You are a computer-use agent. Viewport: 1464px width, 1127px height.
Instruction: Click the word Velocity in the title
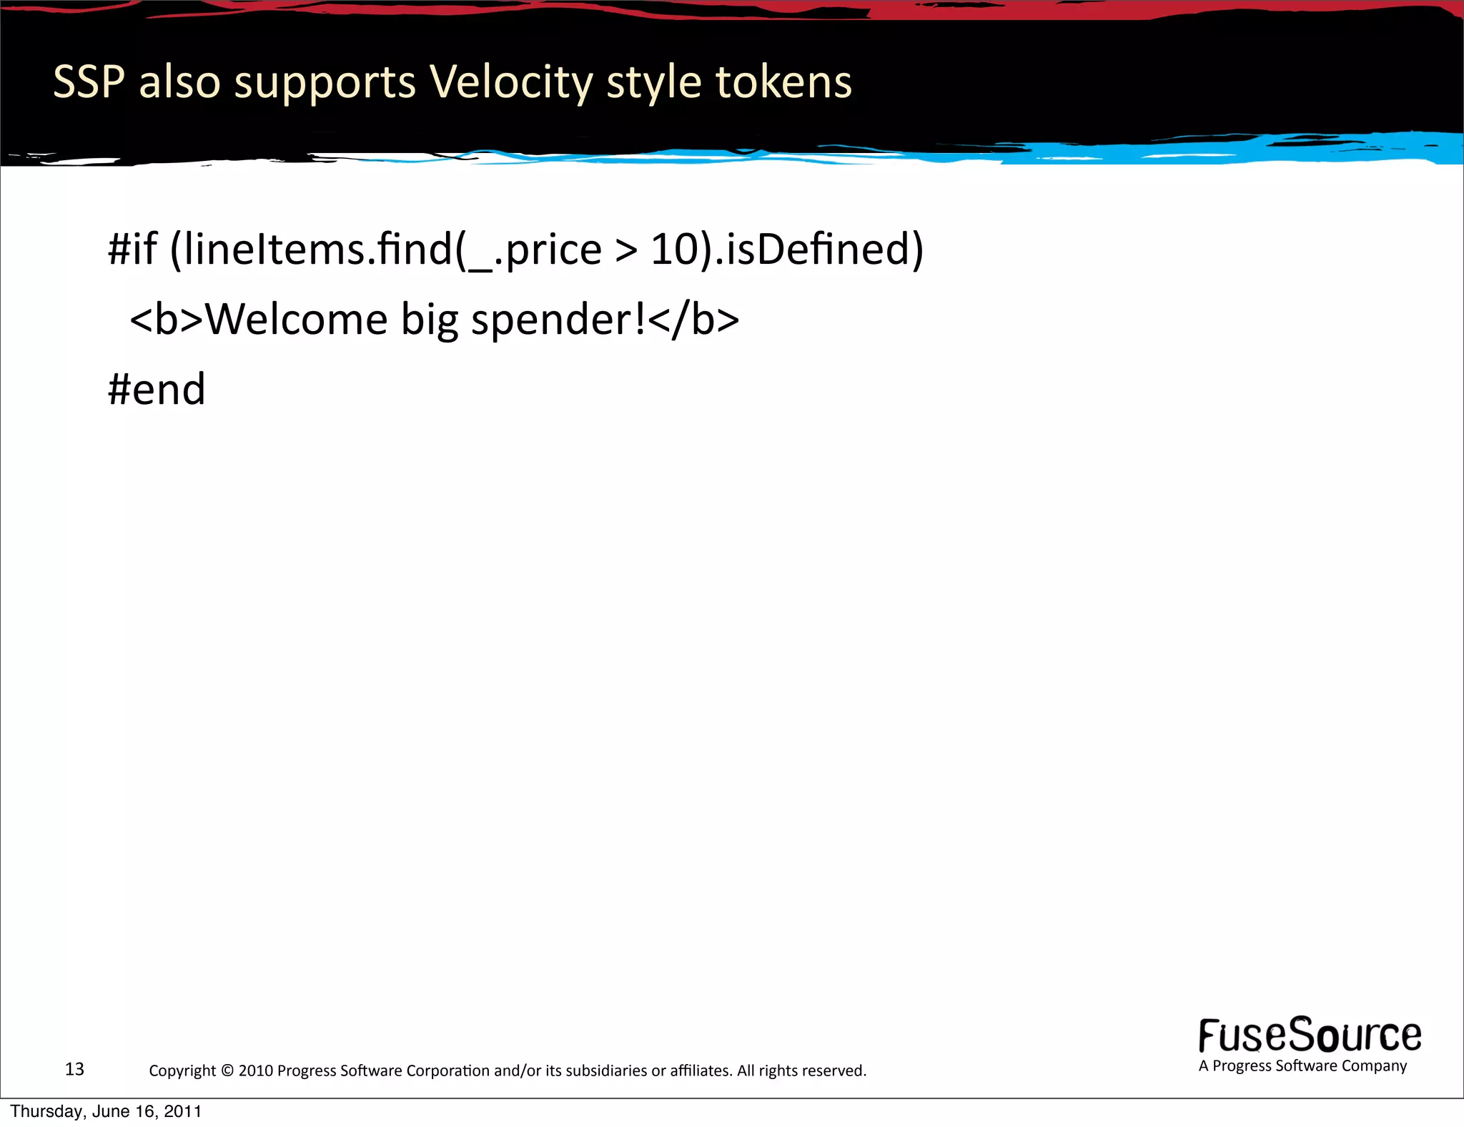click(510, 82)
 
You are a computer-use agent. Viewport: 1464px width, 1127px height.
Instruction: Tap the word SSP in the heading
click(89, 82)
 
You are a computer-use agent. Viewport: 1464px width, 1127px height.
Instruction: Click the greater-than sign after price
click(625, 250)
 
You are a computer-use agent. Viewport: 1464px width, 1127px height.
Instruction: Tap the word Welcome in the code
click(297, 319)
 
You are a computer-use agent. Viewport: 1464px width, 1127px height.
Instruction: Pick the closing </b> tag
click(694, 319)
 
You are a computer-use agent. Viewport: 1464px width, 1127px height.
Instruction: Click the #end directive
click(157, 390)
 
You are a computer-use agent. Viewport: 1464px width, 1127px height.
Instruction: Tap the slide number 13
click(74, 1069)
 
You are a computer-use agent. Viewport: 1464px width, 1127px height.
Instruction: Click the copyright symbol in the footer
click(227, 1071)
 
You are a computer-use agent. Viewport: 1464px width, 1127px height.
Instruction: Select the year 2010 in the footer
click(255, 1071)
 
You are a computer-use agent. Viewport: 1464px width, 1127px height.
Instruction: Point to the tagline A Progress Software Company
click(1302, 1066)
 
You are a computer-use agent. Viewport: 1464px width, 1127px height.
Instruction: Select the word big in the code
click(429, 320)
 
